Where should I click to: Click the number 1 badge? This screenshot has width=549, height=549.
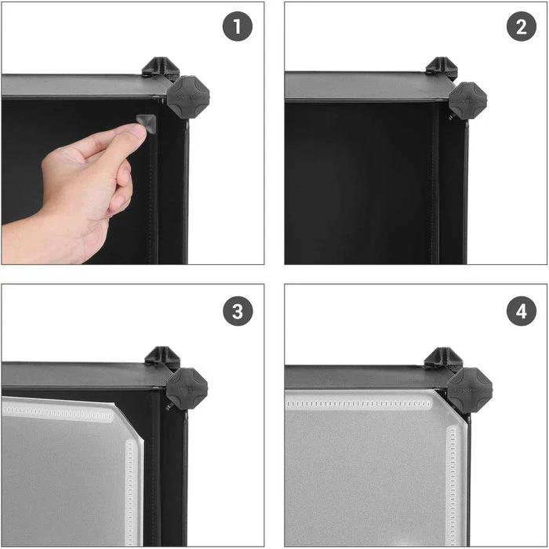tap(238, 26)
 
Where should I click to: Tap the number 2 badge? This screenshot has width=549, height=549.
tap(522, 26)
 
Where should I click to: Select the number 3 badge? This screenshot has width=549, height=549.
tap(238, 311)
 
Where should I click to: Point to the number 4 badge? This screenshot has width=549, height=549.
tap(522, 311)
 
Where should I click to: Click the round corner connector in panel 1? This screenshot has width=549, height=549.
tap(188, 97)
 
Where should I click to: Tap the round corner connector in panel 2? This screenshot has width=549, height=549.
tap(467, 100)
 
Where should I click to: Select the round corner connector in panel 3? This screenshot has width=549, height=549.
tap(187, 389)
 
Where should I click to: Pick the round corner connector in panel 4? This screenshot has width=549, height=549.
tap(470, 390)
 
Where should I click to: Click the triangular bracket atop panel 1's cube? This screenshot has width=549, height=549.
tap(161, 67)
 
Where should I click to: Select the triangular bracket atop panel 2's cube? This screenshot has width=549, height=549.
tap(442, 67)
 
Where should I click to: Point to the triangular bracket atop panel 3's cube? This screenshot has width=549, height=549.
tap(162, 356)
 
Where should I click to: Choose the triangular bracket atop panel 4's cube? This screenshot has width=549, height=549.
tap(444, 358)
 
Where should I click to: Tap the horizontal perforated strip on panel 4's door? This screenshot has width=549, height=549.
tap(359, 404)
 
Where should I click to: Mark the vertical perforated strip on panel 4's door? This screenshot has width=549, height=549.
tap(453, 485)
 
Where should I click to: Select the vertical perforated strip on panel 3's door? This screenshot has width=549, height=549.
tap(130, 492)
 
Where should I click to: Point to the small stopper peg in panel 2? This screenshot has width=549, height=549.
tap(451, 116)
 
